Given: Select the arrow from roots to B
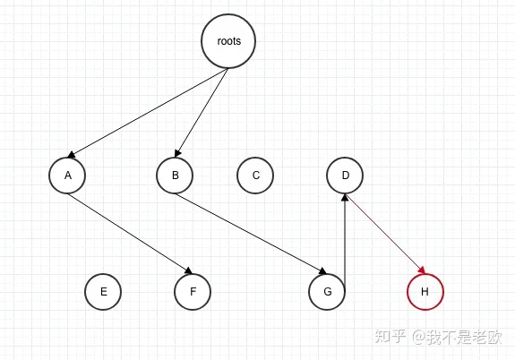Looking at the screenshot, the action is pyautogui.click(x=202, y=113).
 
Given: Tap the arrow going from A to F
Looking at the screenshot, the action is pyautogui.click(x=130, y=234).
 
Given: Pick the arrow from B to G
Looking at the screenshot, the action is pyautogui.click(x=251, y=234).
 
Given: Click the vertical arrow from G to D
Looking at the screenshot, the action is pyautogui.click(x=345, y=238).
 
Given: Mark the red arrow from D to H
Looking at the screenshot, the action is pyautogui.click(x=385, y=234).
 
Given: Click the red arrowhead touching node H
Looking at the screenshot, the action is pyautogui.click(x=422, y=270).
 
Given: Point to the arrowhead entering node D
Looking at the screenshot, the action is pyautogui.click(x=345, y=197).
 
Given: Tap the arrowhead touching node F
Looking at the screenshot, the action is pyautogui.click(x=188, y=270).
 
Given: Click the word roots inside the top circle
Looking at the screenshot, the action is pyautogui.click(x=229, y=41).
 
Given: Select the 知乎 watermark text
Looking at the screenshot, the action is pyautogui.click(x=391, y=337).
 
